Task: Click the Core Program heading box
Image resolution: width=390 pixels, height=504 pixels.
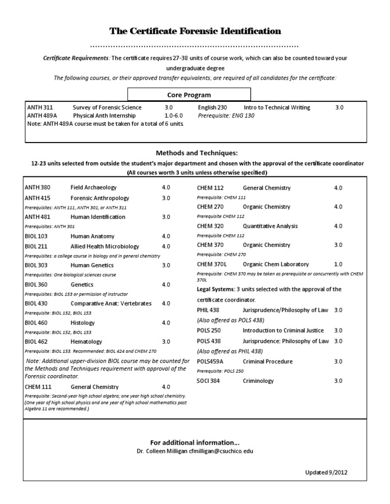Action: coord(189,95)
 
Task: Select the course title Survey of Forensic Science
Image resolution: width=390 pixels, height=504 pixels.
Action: coord(107,107)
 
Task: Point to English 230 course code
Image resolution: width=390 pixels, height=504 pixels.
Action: coord(212,107)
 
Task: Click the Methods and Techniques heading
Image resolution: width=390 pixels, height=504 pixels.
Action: coord(197,153)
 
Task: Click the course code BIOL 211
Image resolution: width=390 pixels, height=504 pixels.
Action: coord(36,246)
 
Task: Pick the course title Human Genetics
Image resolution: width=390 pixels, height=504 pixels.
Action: coord(92,265)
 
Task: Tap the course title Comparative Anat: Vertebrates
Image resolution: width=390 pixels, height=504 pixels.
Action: coord(111,303)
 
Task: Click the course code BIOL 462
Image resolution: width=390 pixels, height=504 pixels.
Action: coord(36,342)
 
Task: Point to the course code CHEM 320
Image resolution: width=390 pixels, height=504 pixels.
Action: coord(210,226)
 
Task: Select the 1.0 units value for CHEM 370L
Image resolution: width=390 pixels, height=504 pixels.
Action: coord(338,264)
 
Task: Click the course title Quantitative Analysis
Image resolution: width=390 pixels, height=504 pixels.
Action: coord(270,226)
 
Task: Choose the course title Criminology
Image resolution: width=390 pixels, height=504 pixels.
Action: coord(258,381)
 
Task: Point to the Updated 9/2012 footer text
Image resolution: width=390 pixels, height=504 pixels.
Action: coord(327,473)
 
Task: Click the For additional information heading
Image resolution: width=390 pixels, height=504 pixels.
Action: coord(196,443)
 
